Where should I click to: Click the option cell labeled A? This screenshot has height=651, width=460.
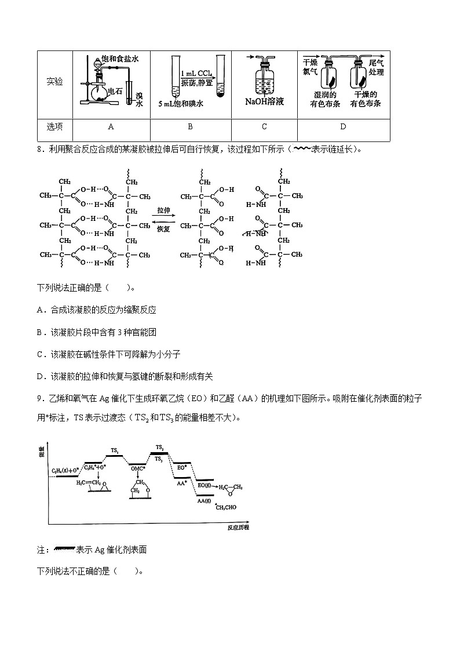click(x=111, y=127)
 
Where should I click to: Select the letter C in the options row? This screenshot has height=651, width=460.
click(x=264, y=127)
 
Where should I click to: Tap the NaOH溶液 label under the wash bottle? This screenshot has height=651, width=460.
click(x=264, y=101)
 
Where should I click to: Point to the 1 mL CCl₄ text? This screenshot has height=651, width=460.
click(x=196, y=74)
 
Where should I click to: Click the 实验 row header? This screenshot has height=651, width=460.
click(x=54, y=82)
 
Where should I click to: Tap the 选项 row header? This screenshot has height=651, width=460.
click(x=54, y=127)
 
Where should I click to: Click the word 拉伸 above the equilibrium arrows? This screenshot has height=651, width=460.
click(x=163, y=211)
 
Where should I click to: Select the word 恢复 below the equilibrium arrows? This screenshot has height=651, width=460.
click(x=163, y=228)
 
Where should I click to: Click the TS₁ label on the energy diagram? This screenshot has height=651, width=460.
click(x=115, y=450)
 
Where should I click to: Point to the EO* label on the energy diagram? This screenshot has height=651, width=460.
click(x=181, y=467)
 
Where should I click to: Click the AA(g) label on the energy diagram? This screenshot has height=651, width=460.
click(x=203, y=500)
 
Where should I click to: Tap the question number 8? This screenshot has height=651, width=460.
click(x=39, y=149)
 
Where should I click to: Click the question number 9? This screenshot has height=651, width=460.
click(x=39, y=398)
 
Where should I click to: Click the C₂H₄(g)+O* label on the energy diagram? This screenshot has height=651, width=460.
click(x=65, y=470)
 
